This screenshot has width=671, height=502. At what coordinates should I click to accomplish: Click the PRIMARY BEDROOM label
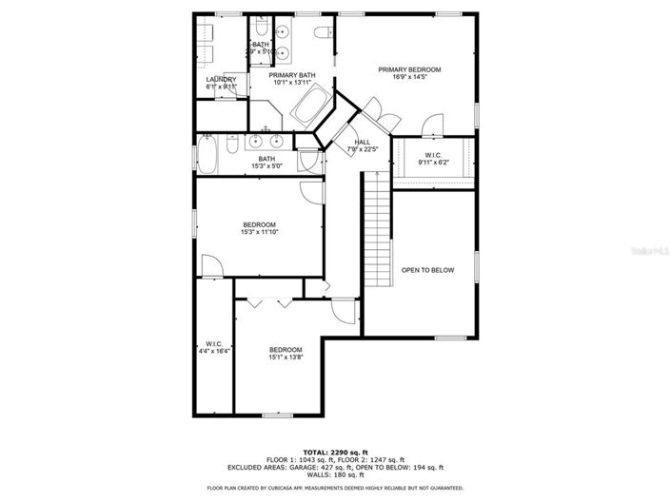coord(409,69)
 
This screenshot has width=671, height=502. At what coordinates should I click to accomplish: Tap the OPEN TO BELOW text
coord(427,270)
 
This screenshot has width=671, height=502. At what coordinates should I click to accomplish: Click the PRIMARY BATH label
coord(291,75)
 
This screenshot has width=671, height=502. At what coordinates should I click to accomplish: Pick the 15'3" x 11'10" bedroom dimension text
coord(259,232)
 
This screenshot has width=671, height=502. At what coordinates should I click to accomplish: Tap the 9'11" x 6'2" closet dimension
coord(433,162)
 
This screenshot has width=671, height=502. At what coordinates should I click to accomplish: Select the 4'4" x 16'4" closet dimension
coord(214,351)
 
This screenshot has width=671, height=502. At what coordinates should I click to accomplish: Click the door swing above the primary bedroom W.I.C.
coord(432,124)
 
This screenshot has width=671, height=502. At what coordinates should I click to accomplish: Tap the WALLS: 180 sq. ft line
coord(334,475)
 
